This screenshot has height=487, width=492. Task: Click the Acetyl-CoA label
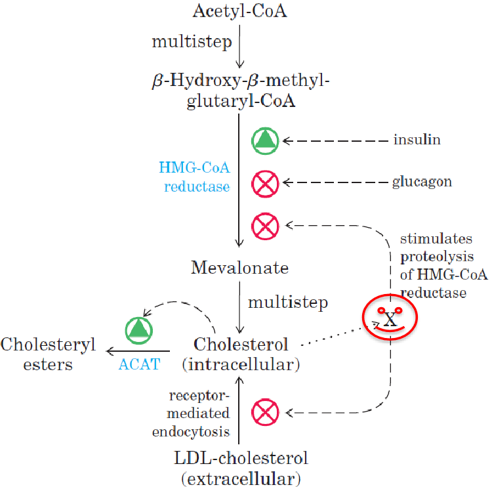[x=239, y=11]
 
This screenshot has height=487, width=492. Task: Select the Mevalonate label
[x=239, y=268]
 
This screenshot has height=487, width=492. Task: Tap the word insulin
[x=417, y=140]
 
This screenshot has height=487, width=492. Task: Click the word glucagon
[x=422, y=182]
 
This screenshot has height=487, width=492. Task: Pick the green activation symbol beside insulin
[x=266, y=140]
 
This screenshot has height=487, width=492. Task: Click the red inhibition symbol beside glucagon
[x=266, y=183]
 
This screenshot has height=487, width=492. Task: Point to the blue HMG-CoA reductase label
[x=194, y=177]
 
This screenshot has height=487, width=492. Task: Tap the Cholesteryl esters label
[x=48, y=354]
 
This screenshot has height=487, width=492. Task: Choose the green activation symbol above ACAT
[x=139, y=329]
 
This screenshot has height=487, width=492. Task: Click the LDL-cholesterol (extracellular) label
[x=241, y=466]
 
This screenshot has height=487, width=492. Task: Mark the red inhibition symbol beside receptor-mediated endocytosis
[x=266, y=413]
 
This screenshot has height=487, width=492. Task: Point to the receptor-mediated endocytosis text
[x=199, y=413]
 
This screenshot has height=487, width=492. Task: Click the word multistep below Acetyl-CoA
[x=192, y=41]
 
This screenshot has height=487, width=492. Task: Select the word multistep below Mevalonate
[x=287, y=303]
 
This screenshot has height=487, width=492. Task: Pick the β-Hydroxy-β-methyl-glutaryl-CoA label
[x=239, y=91]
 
